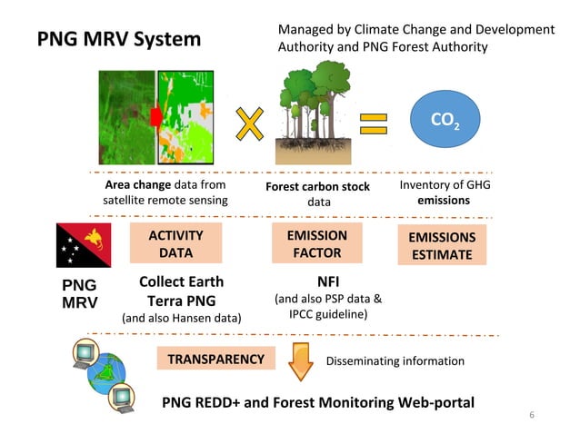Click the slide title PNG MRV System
click(x=118, y=40)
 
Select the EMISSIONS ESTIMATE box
click(x=442, y=245)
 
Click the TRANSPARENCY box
click(x=215, y=360)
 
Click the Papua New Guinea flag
click(x=85, y=245)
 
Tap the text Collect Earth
click(x=181, y=281)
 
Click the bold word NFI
click(x=327, y=281)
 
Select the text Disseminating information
click(x=395, y=361)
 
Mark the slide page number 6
click(x=533, y=415)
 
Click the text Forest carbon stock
click(x=317, y=187)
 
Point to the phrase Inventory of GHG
click(x=443, y=185)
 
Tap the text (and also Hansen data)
click(x=181, y=318)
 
